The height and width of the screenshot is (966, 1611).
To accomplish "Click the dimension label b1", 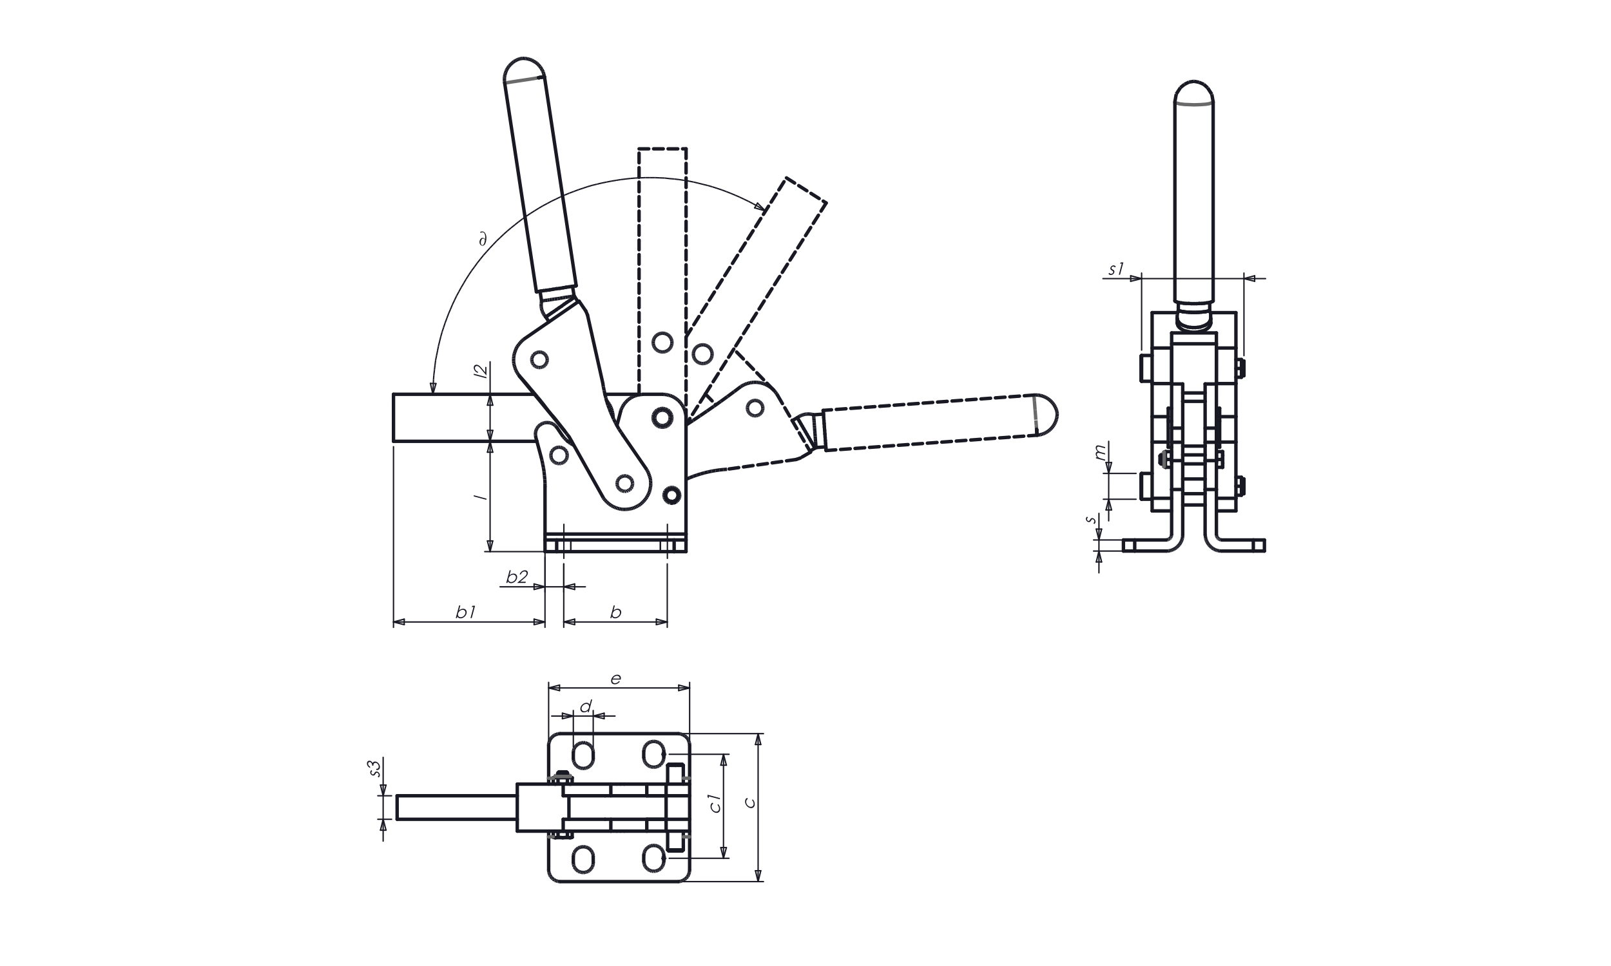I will coord(466,612).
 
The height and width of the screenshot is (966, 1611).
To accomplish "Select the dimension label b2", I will coord(516,577).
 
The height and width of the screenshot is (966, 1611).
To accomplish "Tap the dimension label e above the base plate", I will coord(615,679).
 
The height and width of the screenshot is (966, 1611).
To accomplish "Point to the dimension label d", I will coord(586,706).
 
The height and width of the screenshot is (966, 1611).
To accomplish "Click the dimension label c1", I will coord(715,803).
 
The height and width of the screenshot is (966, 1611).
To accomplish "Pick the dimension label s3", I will coord(374,768).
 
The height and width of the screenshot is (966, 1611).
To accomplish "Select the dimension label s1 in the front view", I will coord(1116,269).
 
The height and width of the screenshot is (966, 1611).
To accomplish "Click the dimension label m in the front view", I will coord(1100,451).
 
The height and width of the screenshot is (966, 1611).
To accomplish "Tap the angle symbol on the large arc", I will coord(483,240).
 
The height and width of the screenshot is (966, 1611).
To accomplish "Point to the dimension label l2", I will coord(481,372).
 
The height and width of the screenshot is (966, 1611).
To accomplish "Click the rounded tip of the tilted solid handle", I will coord(522,68).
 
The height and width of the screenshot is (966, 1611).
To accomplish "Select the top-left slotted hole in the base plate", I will coord(583,756).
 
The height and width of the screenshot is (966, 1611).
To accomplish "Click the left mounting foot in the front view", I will coord(1150,545).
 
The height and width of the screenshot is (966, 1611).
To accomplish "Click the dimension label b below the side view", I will coord(615,612).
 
